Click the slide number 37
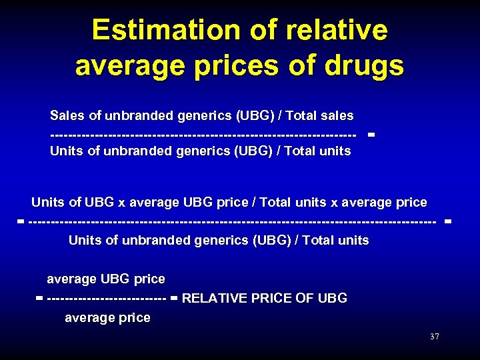pos(435,337)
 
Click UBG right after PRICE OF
pos(333,298)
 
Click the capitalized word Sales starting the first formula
pos(67,116)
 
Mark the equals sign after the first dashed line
pos(371,134)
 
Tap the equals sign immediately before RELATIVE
pos(174,299)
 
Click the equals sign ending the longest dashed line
pos(447,220)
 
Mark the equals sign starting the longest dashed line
pos(21,220)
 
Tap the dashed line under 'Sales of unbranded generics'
pos(203,134)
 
